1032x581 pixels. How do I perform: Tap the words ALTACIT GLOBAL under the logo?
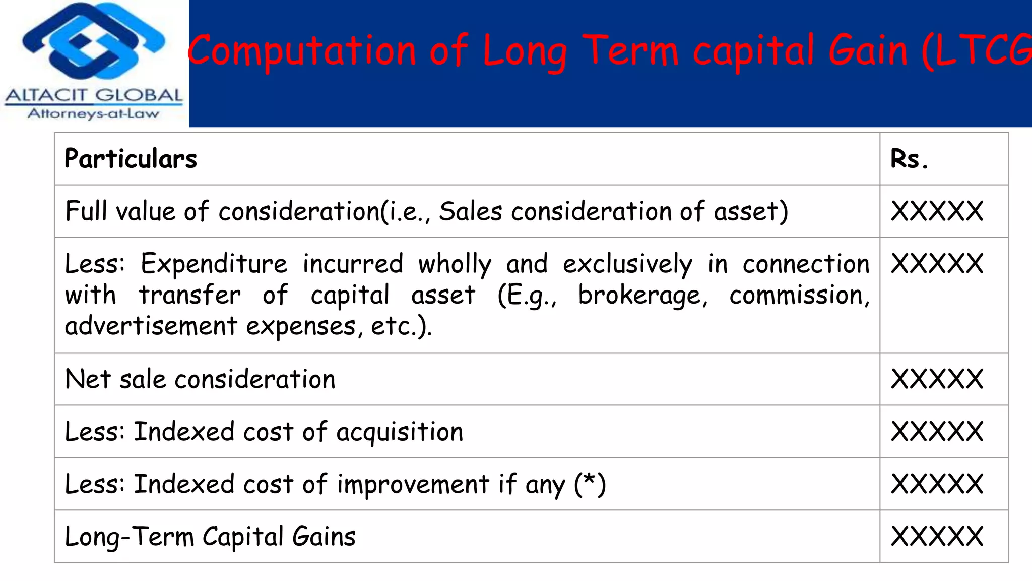pos(94,95)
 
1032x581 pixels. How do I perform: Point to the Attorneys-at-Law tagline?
pos(94,113)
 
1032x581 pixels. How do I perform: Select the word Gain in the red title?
pos(868,51)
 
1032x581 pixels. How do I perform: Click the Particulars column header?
pos(131,159)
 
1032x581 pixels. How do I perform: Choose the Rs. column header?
pos(909,159)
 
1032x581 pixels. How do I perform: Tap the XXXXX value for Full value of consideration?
pos(937,211)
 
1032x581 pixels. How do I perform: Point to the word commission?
pos(799,295)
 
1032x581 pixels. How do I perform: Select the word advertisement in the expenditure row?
pos(151,326)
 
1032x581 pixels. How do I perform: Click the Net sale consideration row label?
pos(200,379)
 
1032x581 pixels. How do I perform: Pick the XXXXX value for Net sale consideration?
pos(937,379)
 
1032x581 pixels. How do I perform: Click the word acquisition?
pos(399,432)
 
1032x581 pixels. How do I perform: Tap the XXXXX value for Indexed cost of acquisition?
pos(937,432)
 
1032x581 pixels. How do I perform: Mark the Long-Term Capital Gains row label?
pos(210,537)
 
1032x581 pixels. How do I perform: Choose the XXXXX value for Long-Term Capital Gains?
pos(937,536)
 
